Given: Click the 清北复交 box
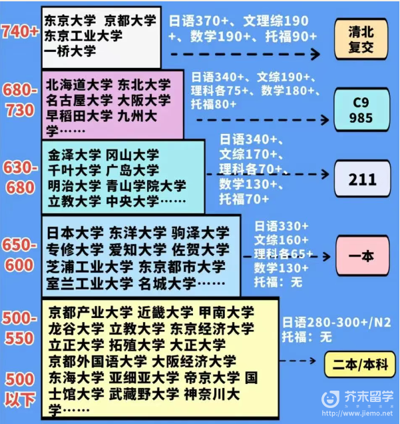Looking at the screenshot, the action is (361, 39).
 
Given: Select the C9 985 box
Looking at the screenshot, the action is (361, 110).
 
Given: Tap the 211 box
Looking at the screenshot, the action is (362, 179).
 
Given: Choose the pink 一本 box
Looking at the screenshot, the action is (362, 256).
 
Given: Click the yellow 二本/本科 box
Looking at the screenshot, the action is (360, 365).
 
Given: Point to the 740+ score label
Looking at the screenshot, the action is (20, 31).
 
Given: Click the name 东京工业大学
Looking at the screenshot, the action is (83, 36).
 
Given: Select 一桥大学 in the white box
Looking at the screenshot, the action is (70, 51).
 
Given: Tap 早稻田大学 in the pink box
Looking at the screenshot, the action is (79, 116).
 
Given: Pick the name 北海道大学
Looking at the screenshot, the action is (79, 85).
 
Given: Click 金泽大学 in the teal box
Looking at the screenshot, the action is (75, 155).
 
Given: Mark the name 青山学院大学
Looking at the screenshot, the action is (146, 186).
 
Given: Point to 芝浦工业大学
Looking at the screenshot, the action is (90, 267).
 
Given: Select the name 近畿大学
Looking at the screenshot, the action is (165, 312).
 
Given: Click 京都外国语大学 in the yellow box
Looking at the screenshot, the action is (98, 361).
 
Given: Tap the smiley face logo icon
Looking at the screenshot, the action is (330, 399).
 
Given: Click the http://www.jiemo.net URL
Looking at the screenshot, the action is (357, 413).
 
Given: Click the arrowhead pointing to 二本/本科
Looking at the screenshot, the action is (313, 361).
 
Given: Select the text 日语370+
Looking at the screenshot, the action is (198, 21).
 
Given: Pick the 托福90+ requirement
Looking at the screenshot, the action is (291, 36).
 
